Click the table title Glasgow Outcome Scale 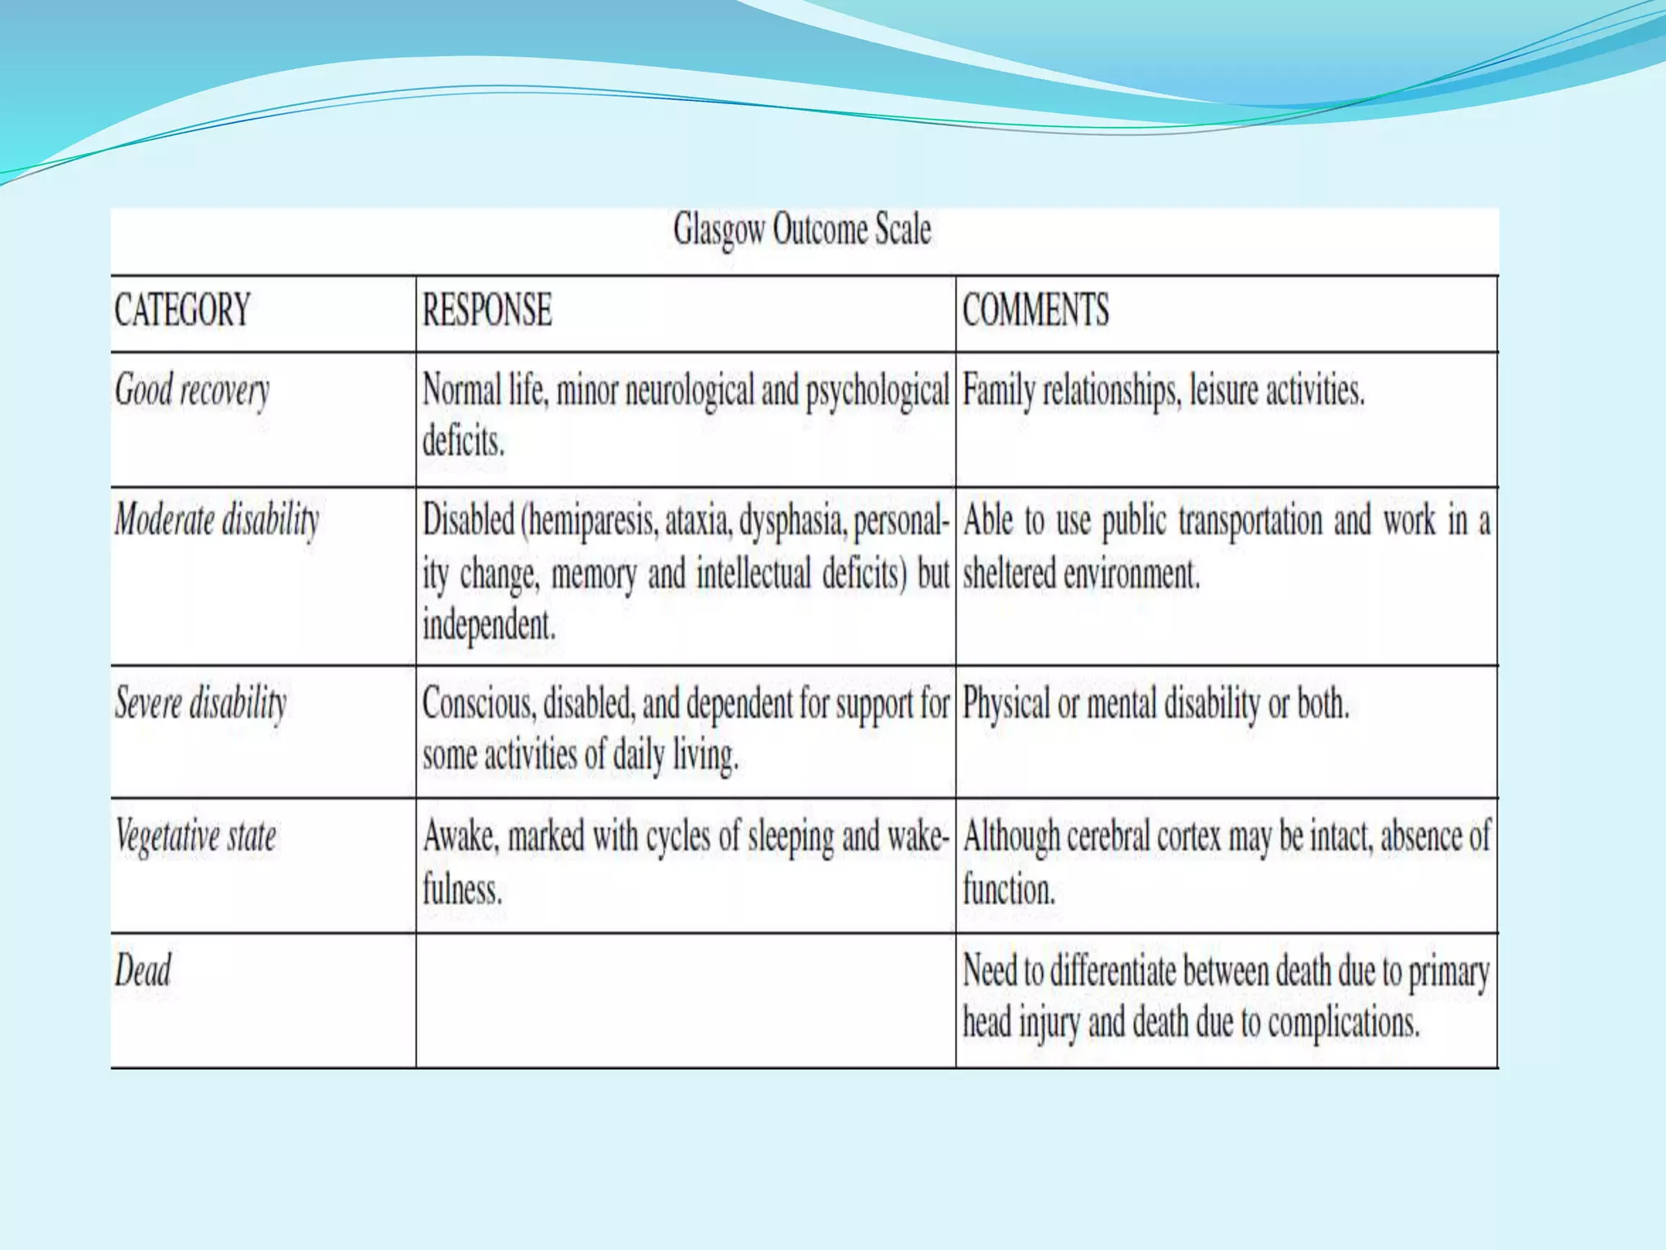[802, 229]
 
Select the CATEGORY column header [182, 310]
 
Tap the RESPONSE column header [487, 310]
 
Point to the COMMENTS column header [1036, 310]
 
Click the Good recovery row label [192, 391]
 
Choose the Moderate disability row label [217, 520]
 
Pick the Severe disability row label [201, 703]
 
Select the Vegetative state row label [196, 837]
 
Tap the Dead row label [143, 970]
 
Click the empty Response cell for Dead [685, 1000]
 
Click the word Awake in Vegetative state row [460, 837]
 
